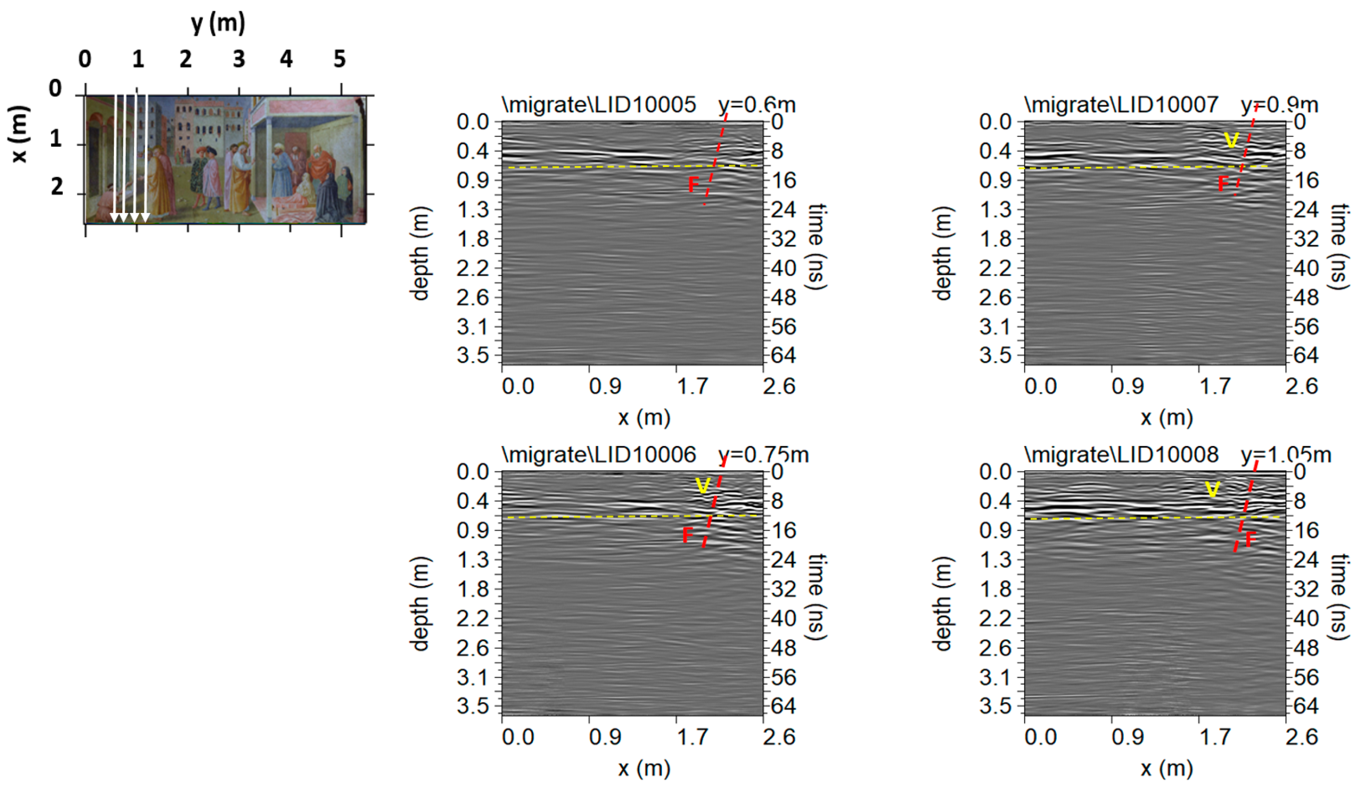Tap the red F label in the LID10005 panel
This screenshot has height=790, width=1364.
[x=693, y=185]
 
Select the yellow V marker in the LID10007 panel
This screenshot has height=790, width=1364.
[x=1231, y=141]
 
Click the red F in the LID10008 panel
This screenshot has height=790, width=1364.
[x=1250, y=539]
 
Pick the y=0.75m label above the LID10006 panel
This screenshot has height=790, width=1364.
[x=763, y=455]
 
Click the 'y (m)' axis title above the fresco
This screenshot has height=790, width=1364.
[x=218, y=23]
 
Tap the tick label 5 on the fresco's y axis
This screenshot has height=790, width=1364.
[x=339, y=59]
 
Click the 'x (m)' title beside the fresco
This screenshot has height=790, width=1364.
[x=19, y=134]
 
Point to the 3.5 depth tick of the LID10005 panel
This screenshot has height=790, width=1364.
[x=472, y=356]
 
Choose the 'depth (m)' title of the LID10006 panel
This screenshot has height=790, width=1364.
[x=419, y=603]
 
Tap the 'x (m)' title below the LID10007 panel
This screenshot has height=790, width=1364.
[x=1166, y=417]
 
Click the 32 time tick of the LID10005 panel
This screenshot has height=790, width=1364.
[x=783, y=239]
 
